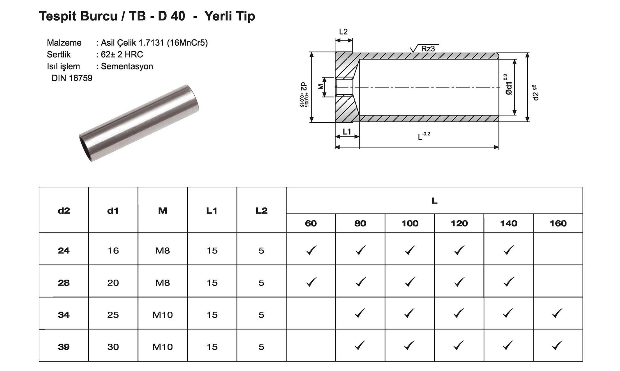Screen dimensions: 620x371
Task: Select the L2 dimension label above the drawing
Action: pyautogui.click(x=344, y=32)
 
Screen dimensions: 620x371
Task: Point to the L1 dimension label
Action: pyautogui.click(x=347, y=132)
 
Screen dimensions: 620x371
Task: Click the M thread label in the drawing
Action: pyautogui.click(x=321, y=86)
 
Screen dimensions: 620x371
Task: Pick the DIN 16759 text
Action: pyautogui.click(x=72, y=78)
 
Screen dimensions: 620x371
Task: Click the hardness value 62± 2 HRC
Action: pyautogui.click(x=122, y=54)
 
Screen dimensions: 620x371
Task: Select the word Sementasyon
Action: pyautogui.click(x=127, y=66)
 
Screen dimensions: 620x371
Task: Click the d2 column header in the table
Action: pyautogui.click(x=64, y=210)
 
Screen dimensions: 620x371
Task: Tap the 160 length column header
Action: pyautogui.click(x=558, y=223)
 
